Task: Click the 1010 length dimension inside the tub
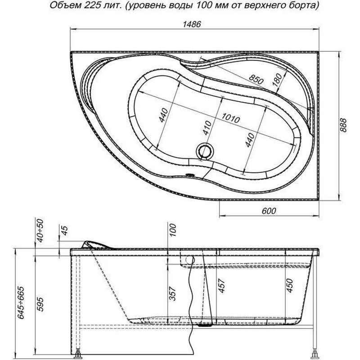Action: [229, 118]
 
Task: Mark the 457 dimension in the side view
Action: [220, 285]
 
